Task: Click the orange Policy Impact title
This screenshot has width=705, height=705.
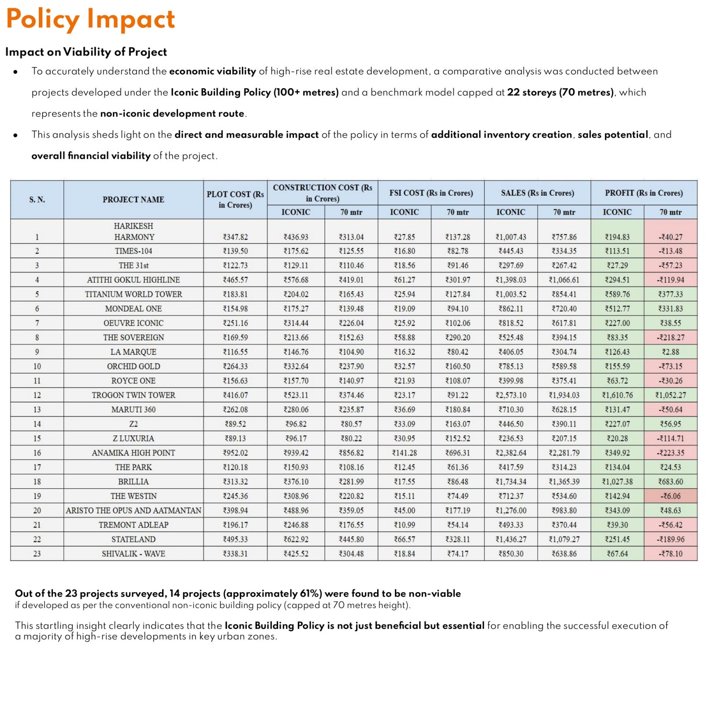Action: pos(90,19)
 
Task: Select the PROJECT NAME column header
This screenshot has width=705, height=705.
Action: pos(133,200)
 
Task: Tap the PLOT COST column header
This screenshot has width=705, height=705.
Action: pos(235,200)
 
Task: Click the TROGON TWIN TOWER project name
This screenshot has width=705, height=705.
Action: pos(134,395)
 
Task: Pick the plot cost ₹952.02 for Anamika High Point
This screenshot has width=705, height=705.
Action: pos(235,453)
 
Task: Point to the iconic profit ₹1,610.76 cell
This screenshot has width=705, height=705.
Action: pos(617,395)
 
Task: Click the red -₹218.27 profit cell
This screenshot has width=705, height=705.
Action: pos(671,338)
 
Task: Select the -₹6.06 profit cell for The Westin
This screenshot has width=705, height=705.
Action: pos(671,496)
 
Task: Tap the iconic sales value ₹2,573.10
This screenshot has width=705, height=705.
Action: pos(511,395)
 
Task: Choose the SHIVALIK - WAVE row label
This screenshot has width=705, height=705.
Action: pos(134,554)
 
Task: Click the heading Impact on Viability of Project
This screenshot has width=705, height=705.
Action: pos(86,52)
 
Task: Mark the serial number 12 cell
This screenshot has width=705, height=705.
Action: pos(37,395)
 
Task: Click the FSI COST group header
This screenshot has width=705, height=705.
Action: pos(431,193)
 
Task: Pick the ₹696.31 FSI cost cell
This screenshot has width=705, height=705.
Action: pos(458,453)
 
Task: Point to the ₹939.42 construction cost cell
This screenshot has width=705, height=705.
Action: pos(296,453)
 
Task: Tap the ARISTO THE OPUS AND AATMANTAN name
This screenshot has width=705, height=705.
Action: pos(134,511)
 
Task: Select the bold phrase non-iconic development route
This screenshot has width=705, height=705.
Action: pos(172,114)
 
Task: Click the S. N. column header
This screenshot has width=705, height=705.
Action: pos(37,200)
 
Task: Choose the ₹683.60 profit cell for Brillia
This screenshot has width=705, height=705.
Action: pos(671,482)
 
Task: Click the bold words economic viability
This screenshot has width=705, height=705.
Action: pos(212,71)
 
